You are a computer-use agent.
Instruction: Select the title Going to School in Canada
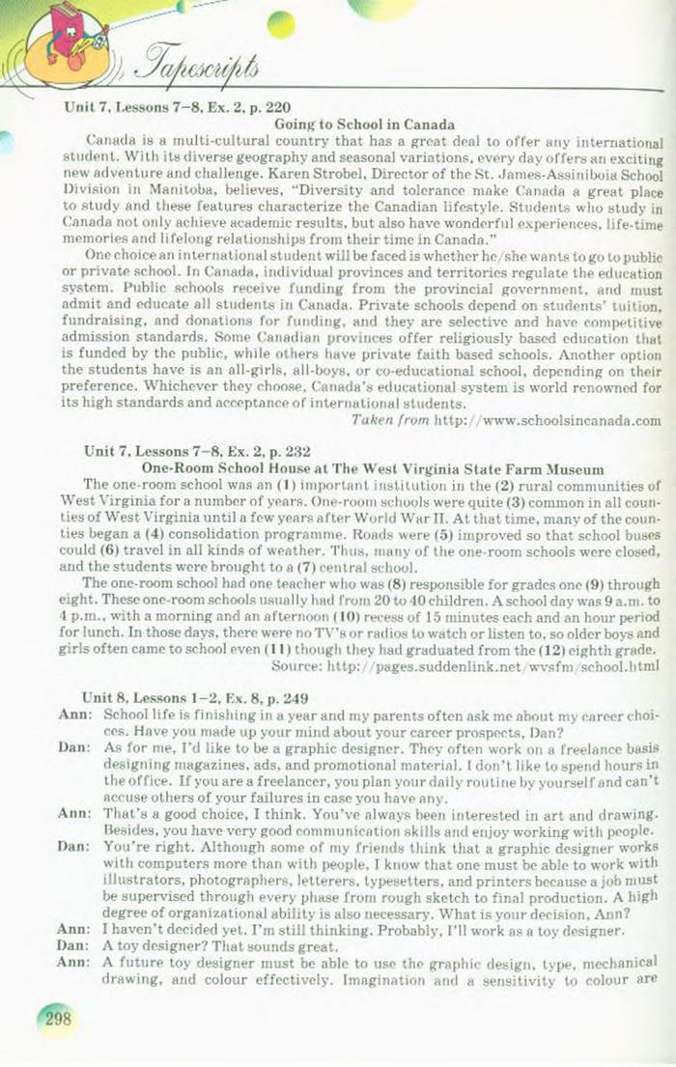coord(365,126)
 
